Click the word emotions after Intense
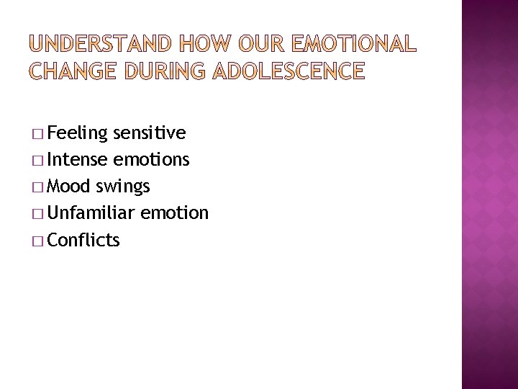tap(151, 160)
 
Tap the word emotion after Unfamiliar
tap(175, 213)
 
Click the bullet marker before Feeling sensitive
tap(37, 134)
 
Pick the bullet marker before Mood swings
tap(37, 187)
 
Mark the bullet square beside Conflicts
tap(37, 241)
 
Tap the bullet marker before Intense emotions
tap(37, 161)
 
